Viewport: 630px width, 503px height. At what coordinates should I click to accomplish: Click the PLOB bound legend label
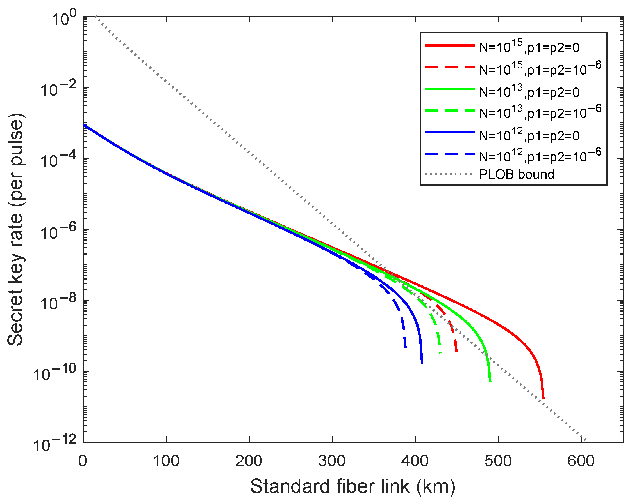click(517, 174)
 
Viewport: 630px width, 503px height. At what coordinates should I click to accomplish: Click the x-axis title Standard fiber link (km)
click(352, 487)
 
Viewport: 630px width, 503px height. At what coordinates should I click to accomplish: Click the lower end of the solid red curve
click(543, 397)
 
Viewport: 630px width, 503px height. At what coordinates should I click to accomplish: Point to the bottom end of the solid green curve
click(490, 381)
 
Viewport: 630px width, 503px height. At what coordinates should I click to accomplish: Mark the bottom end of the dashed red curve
click(456, 351)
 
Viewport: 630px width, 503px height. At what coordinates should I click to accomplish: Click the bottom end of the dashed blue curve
click(405, 347)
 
